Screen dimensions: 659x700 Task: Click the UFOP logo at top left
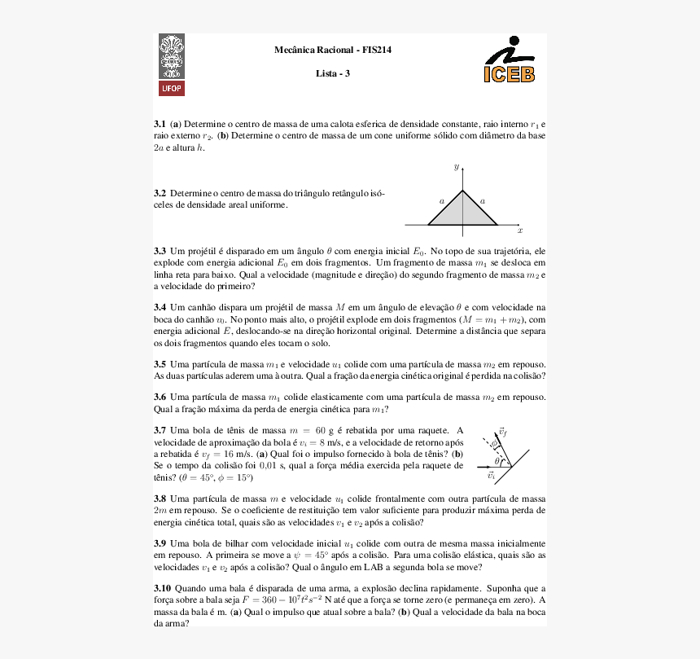click(x=172, y=65)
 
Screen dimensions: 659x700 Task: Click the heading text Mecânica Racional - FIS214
click(x=333, y=51)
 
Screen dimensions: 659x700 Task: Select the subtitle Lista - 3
click(x=333, y=74)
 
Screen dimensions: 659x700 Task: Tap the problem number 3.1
click(x=160, y=124)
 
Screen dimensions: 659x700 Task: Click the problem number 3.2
click(x=160, y=194)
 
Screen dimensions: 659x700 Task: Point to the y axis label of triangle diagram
click(x=456, y=166)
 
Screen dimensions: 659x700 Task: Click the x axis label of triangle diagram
click(x=519, y=231)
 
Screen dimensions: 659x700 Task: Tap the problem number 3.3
click(x=160, y=252)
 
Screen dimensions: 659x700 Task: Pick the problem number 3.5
click(x=160, y=364)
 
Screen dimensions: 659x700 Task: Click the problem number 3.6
click(x=160, y=398)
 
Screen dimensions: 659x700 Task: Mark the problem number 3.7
click(x=160, y=430)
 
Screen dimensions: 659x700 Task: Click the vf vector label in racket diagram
click(x=503, y=431)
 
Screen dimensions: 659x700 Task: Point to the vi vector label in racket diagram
click(x=491, y=475)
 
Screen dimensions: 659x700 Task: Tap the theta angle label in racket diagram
click(x=497, y=461)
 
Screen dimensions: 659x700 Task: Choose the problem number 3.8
click(x=160, y=498)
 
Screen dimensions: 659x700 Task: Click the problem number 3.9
click(x=160, y=543)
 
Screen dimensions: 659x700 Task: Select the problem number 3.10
click(x=162, y=588)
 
